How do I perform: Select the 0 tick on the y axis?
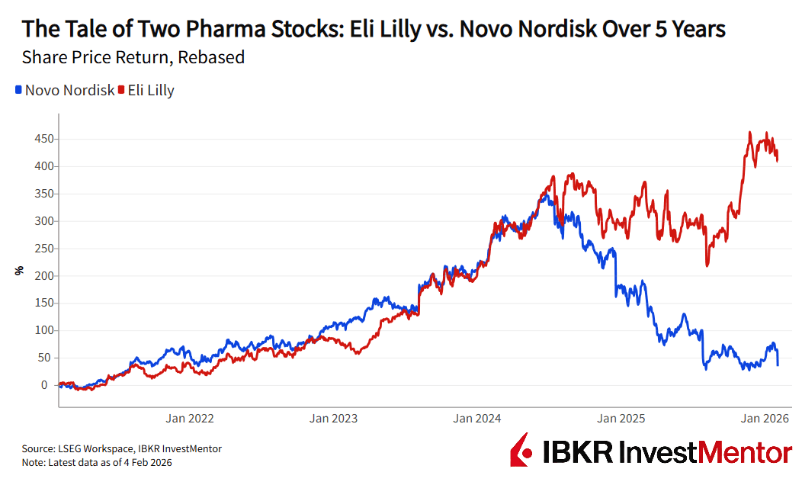tap(50, 385)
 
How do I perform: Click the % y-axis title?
tap(20, 269)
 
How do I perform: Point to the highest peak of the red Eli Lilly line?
tap(750, 132)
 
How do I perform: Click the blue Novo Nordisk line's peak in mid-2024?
tap(546, 196)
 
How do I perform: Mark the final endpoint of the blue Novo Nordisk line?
tap(778, 365)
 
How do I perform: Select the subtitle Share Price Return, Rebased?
tap(133, 57)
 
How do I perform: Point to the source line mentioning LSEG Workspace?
tap(122, 449)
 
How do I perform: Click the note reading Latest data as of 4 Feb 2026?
tap(107, 462)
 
